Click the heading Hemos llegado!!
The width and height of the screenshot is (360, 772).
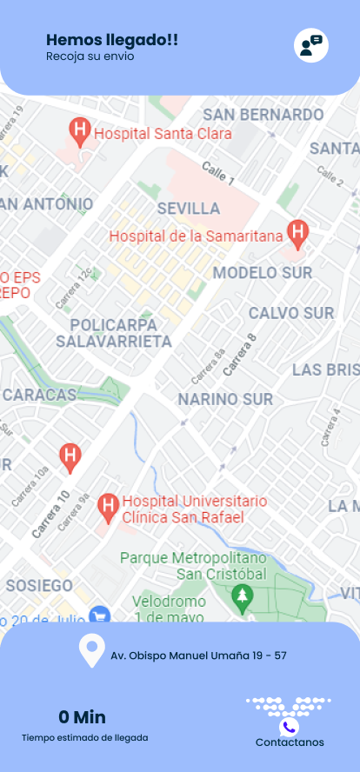click(112, 39)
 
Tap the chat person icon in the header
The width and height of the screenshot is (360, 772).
click(310, 45)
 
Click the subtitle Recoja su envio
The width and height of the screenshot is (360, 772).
click(90, 57)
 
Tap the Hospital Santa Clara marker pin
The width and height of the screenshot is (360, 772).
click(80, 132)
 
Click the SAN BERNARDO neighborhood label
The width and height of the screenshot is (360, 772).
click(263, 115)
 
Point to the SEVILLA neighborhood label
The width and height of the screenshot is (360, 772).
click(189, 209)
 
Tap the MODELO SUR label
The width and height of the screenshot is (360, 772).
click(263, 273)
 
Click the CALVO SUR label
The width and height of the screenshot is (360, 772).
click(291, 313)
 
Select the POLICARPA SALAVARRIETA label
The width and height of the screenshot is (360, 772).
click(114, 333)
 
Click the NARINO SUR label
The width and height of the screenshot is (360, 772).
click(225, 399)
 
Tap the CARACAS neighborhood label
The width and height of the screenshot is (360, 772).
click(39, 395)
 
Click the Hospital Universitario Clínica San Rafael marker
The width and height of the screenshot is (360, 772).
click(108, 505)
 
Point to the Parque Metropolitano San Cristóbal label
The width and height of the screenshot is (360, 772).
click(192, 565)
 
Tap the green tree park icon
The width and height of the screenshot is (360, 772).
click(242, 596)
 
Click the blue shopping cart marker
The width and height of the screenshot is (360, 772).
click(99, 615)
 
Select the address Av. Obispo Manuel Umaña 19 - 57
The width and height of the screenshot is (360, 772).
click(198, 656)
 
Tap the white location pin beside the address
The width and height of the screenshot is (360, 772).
click(91, 651)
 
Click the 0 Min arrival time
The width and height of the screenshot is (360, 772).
click(82, 717)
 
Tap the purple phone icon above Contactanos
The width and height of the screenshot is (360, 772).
click(290, 727)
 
